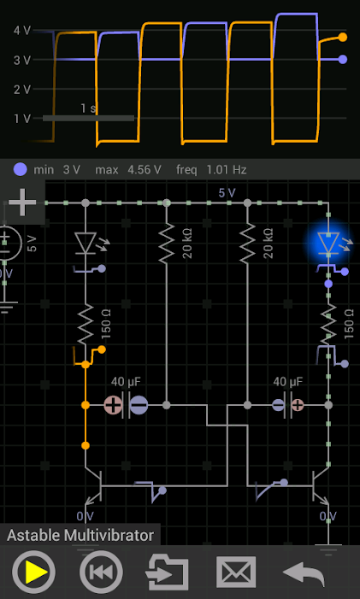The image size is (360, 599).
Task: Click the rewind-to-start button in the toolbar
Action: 101,572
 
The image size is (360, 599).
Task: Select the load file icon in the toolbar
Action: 168,572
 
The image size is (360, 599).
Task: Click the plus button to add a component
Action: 22,203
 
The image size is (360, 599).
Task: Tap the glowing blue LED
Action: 328,244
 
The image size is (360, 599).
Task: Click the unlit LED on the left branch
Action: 85,243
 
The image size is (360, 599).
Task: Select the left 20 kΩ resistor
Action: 167,244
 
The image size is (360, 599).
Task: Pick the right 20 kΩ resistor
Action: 247,244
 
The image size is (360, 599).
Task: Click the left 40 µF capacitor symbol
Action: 126,405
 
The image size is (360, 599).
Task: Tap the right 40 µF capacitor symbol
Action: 287,405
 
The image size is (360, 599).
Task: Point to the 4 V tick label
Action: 22,31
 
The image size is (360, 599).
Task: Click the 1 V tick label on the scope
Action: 22,118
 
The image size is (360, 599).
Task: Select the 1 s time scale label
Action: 88,109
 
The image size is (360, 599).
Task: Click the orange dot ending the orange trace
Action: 342,38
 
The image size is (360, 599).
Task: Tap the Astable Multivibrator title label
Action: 80,536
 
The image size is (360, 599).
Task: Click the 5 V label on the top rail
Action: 227,193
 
